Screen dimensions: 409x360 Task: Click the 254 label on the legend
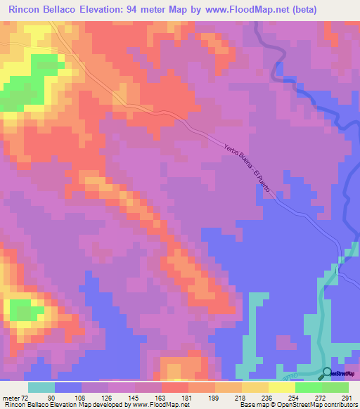(x=295, y=397)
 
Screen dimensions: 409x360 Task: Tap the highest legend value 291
(x=346, y=397)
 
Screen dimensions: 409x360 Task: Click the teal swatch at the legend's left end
(x=41, y=387)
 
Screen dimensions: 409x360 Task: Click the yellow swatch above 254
(x=282, y=387)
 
